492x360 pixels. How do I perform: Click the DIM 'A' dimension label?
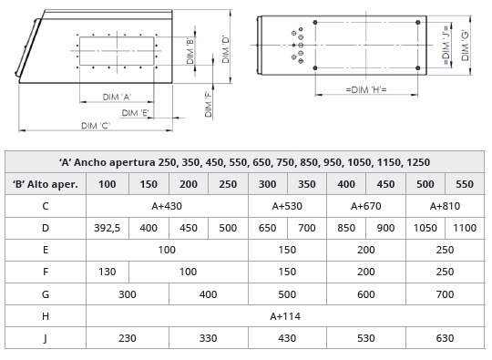pyautogui.click(x=117, y=97)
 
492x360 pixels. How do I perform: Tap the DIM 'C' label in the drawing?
pyautogui.click(x=96, y=126)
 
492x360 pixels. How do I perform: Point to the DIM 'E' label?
pyautogui.click(x=135, y=113)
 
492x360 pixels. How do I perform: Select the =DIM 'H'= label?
pyautogui.click(x=366, y=89)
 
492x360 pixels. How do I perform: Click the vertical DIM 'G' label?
pyautogui.click(x=465, y=46)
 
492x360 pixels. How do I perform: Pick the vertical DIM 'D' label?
pyautogui.click(x=226, y=48)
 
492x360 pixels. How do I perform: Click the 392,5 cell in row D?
pyautogui.click(x=108, y=228)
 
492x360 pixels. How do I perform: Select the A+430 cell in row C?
pyautogui.click(x=167, y=206)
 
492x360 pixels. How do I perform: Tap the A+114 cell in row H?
pyautogui.click(x=285, y=316)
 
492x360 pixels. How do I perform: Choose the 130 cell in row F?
pyautogui.click(x=108, y=272)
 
